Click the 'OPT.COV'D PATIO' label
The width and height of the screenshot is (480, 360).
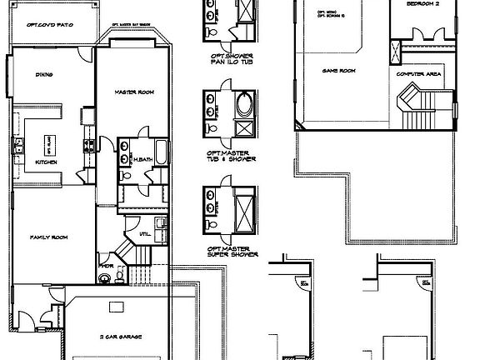51,26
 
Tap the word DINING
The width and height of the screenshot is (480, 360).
45,75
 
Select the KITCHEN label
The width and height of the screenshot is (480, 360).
45,162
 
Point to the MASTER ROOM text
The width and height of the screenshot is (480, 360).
132,92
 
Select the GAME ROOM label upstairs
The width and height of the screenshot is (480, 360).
339,71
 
